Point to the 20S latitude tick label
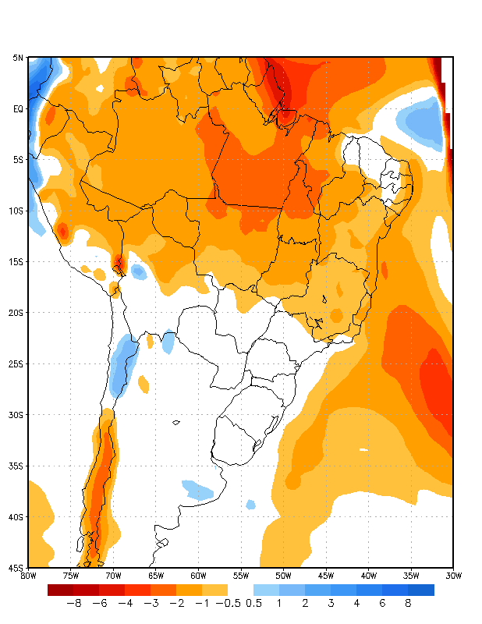click(18, 313)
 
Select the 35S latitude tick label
click(18, 466)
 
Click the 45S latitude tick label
click(18, 568)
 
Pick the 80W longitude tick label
click(29, 576)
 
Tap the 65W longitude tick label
click(156, 576)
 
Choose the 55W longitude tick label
click(241, 576)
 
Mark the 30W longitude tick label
click(453, 576)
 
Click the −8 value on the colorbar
click(73, 603)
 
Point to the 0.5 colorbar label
click(253, 603)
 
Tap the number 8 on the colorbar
click(408, 603)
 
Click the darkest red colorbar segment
click(60, 590)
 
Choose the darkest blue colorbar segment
click(421, 590)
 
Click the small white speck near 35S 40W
click(363, 450)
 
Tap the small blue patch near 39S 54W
click(250, 505)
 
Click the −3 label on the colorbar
click(151, 603)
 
